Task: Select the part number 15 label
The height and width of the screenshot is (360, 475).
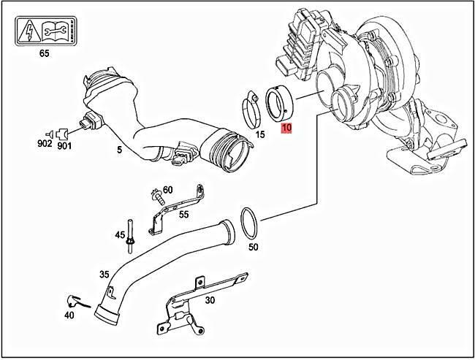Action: pos(260,134)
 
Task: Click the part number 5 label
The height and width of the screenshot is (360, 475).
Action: pos(118,151)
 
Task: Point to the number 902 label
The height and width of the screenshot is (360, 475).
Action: pos(45,145)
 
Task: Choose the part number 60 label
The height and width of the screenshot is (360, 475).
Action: pos(167,190)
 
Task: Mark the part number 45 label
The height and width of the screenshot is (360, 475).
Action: pos(120,235)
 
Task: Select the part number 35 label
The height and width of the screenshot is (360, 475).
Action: pos(105,275)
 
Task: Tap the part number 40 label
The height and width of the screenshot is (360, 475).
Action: pos(69,315)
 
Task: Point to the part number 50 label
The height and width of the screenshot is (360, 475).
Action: pos(254,248)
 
